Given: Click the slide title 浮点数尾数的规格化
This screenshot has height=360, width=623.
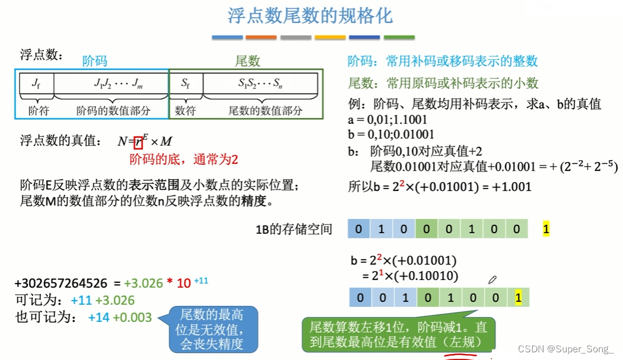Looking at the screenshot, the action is (310, 16).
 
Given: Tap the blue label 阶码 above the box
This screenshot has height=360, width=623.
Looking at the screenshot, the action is (95, 61).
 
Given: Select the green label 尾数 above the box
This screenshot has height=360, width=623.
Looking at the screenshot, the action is (247, 61).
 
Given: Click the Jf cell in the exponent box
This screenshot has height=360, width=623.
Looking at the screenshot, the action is (36, 84).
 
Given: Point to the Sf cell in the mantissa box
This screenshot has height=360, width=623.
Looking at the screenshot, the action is (186, 84).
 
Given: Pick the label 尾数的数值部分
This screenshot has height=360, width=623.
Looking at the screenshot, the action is (265, 110).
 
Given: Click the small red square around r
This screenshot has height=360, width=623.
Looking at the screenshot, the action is (138, 141).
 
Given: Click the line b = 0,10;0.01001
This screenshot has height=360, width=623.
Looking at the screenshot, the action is (391, 135).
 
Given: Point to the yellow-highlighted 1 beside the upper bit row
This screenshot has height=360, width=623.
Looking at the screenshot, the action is (546, 229).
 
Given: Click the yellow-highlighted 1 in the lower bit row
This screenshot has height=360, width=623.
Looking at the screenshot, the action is (518, 297).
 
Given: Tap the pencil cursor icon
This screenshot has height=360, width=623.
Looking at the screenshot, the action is (492, 279).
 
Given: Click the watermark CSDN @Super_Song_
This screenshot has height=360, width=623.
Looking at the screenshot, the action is (565, 349).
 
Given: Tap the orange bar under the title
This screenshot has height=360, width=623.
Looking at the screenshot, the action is (261, 37).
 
